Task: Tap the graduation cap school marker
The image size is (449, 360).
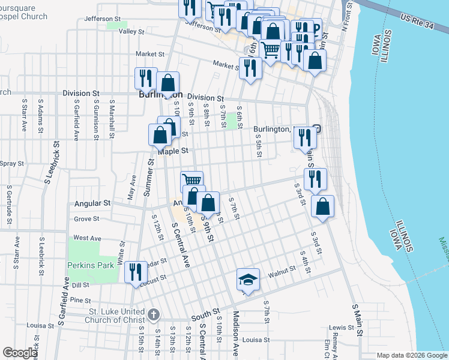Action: [x=247, y=279]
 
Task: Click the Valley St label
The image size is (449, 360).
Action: [x=132, y=31]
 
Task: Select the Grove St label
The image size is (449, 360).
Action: [x=86, y=219]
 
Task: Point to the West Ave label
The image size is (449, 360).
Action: [x=87, y=238]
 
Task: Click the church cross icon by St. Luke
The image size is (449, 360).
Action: [x=154, y=314]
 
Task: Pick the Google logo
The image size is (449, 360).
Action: [x=20, y=353]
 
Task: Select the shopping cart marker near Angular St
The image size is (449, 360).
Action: [x=191, y=181]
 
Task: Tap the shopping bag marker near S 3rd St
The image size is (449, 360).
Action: [x=323, y=207]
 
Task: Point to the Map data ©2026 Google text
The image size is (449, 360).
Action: [x=411, y=355]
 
